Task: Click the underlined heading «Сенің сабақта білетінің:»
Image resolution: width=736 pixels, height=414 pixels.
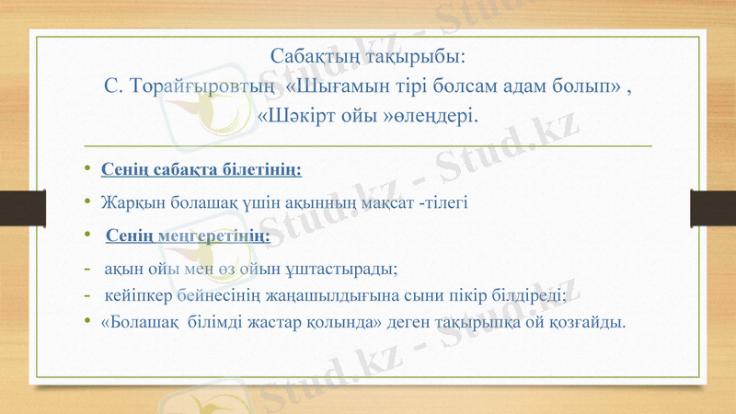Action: click(201, 170)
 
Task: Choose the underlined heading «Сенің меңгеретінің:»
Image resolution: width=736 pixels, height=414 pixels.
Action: click(189, 236)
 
